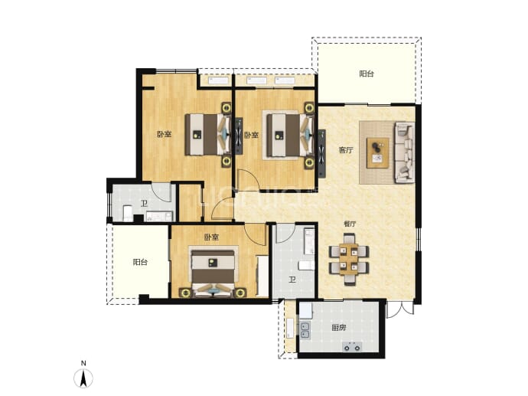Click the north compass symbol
click(83, 378)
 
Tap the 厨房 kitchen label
click(338, 328)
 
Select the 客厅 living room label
click(346, 150)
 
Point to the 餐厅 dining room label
click(350, 224)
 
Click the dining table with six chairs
click(349, 259)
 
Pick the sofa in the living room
click(405, 152)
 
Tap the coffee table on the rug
click(378, 152)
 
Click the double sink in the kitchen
click(305, 330)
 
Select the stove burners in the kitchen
click(352, 346)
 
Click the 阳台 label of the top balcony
click(367, 74)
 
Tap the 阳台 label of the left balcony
click(140, 262)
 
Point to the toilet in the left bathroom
click(128, 213)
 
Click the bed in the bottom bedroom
click(213, 273)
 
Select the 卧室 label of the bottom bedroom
click(211, 237)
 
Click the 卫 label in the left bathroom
click(144, 203)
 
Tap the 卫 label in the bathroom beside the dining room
click(292, 280)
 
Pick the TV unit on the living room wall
click(322, 153)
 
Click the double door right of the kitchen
click(399, 309)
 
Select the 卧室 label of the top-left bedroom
click(164, 134)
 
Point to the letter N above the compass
click(83, 363)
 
